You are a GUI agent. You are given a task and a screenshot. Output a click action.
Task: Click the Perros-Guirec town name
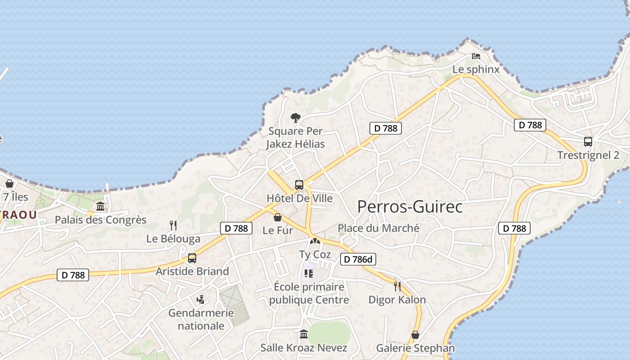[409, 207]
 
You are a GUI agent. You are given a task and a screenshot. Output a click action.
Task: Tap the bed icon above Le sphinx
[476, 56]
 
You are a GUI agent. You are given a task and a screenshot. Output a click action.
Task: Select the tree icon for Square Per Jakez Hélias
[295, 118]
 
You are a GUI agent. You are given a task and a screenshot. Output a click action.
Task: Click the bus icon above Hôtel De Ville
[299, 184]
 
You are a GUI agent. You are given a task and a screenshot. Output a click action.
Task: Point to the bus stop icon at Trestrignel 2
[588, 141]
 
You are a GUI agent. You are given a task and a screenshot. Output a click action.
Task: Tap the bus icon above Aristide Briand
[192, 258]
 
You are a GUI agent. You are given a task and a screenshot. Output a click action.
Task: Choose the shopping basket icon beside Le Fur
[278, 218]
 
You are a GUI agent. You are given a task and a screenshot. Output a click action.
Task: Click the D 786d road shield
[358, 259]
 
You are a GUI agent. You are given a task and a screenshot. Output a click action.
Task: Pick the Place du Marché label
[378, 228]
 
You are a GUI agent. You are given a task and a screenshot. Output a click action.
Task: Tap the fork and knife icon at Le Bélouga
[173, 225]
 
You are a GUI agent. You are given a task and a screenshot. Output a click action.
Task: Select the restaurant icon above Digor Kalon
[397, 286]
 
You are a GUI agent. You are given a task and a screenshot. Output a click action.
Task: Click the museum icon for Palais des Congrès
[100, 207]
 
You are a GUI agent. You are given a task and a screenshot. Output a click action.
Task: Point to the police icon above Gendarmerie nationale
[201, 299]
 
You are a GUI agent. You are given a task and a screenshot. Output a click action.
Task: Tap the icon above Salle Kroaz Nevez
[304, 334]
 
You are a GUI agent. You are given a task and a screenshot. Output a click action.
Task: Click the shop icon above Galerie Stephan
[415, 335]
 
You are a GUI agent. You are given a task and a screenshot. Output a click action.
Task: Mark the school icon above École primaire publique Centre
[309, 274]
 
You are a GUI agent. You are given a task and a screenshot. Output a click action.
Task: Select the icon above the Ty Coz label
[315, 242]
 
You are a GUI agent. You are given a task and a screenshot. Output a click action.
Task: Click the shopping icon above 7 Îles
[9, 184]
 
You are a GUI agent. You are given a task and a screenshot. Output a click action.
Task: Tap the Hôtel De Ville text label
[299, 198]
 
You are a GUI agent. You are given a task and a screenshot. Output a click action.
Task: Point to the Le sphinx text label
[476, 69]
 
